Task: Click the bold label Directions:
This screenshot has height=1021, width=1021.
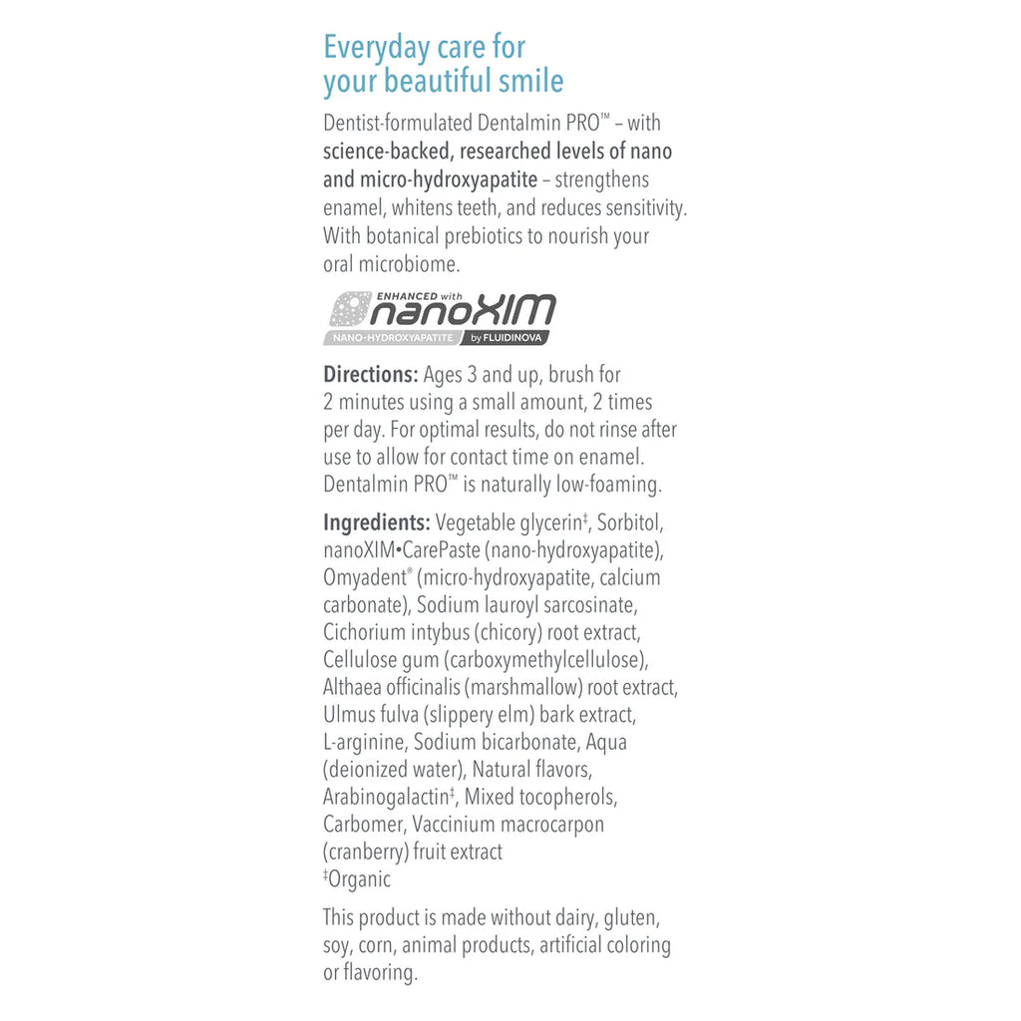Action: pyautogui.click(x=370, y=376)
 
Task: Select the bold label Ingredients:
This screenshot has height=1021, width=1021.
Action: pyautogui.click(x=376, y=522)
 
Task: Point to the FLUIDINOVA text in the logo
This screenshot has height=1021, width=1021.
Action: pyautogui.click(x=514, y=338)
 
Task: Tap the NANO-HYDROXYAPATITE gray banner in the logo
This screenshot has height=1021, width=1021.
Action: pyautogui.click(x=390, y=338)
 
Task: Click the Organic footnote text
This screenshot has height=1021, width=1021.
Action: pyautogui.click(x=359, y=879)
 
